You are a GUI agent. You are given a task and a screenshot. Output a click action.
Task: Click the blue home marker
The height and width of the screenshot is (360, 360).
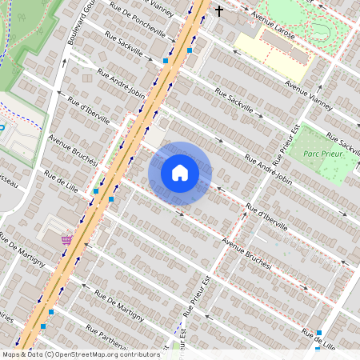click(180, 173)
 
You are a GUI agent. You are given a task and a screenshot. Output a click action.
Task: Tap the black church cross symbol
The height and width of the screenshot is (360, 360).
click(219, 11)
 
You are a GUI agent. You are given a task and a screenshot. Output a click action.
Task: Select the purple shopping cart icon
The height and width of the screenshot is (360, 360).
click(66, 238)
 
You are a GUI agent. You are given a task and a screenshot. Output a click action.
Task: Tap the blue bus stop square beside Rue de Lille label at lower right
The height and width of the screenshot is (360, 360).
click(319, 333)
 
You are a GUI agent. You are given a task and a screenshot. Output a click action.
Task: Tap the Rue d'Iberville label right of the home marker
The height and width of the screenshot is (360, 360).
click(267, 215)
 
